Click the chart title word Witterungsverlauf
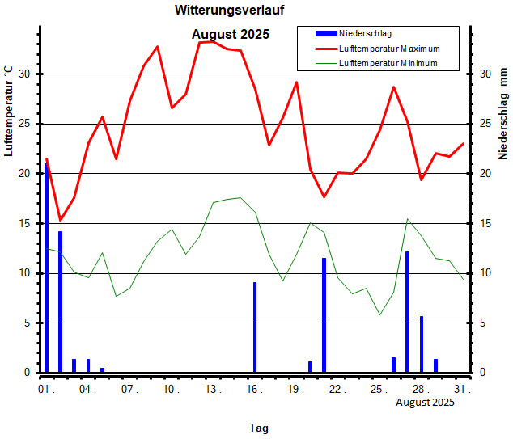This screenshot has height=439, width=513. point(230,11)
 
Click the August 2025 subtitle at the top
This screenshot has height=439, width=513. point(231,35)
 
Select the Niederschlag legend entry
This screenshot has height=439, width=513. point(365,33)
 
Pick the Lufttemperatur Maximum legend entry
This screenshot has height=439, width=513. point(389,49)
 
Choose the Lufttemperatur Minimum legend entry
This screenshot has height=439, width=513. point(388,63)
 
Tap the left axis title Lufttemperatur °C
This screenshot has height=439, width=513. point(9,111)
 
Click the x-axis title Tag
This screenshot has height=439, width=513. point(259,428)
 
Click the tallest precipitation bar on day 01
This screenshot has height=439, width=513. point(46,268)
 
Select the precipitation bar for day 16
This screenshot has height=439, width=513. point(255,327)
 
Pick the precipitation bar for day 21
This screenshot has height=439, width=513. point(324,315)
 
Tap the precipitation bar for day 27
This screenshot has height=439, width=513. point(407,311)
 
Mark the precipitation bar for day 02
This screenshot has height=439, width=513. point(60,302)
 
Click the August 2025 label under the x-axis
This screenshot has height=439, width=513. point(425,403)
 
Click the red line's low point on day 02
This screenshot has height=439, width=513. point(60,220)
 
